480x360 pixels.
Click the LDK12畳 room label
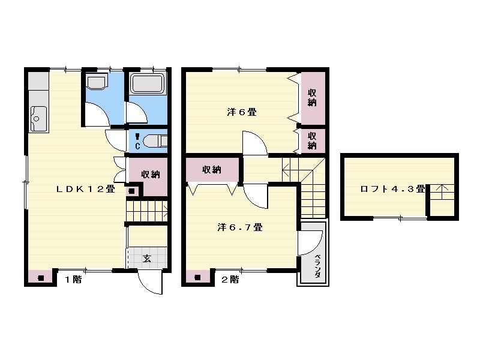pyautogui.click(x=86, y=189)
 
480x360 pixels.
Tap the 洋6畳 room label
pyautogui.click(x=242, y=112)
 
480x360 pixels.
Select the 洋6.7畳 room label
pyautogui.click(x=240, y=227)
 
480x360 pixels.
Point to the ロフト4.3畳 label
pyautogui.click(x=393, y=189)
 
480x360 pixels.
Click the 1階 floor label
pyautogui.click(x=73, y=279)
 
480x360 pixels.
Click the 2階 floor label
pyautogui.click(x=230, y=279)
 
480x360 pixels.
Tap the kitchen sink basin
pyautogui.click(x=39, y=118)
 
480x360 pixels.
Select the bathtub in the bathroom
pyautogui.click(x=147, y=83)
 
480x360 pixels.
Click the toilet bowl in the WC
pyautogui.click(x=155, y=141)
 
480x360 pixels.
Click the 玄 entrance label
pyautogui.click(x=147, y=259)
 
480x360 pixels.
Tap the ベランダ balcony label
pyautogui.click(x=318, y=266)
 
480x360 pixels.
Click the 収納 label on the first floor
pyautogui.click(x=151, y=174)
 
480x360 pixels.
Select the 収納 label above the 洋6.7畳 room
pyautogui.click(x=212, y=169)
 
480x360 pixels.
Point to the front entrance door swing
pyautogui.click(x=150, y=282)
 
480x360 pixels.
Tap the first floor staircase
pyautogui.click(x=147, y=211)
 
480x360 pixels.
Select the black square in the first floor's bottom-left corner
pyautogui.click(x=40, y=278)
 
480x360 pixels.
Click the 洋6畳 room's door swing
pyautogui.click(x=255, y=143)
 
